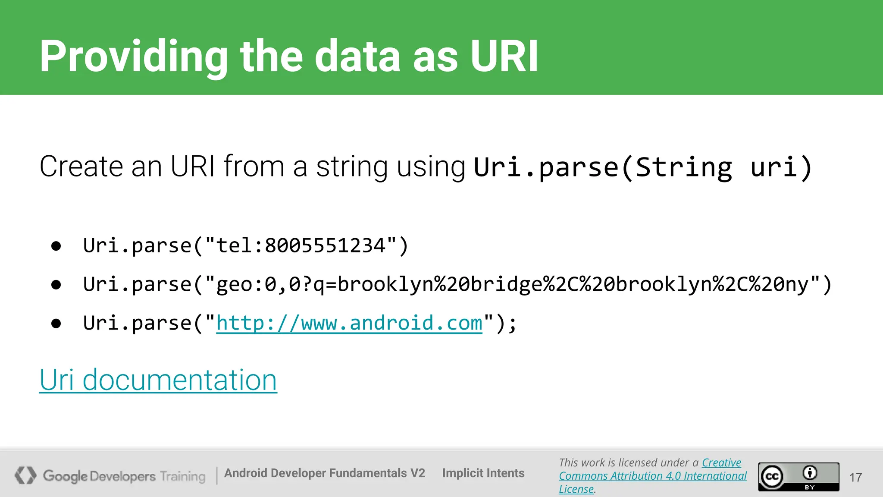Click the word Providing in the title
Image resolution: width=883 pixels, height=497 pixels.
tap(134, 57)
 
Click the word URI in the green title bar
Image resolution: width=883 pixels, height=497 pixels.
tap(504, 56)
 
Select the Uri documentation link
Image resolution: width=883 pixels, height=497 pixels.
tap(158, 380)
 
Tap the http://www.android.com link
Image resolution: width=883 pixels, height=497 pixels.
tap(349, 323)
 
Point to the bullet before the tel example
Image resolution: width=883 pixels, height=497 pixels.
tap(56, 246)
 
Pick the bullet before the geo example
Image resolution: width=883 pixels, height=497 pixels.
tap(56, 285)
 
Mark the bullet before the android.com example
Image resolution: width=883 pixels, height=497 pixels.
tap(56, 324)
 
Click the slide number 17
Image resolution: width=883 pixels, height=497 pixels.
tap(855, 477)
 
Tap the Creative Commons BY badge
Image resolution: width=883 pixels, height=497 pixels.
tap(798, 477)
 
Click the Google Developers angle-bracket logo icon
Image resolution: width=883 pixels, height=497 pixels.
tap(25, 475)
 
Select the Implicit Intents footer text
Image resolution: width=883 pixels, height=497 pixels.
tap(483, 473)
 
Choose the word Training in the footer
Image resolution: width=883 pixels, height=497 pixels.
tap(183, 476)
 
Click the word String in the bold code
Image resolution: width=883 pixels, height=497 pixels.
tap(684, 167)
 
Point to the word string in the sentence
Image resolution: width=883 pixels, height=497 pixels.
tap(352, 167)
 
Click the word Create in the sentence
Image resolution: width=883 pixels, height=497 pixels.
tap(81, 167)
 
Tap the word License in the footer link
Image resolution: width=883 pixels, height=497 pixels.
tap(576, 489)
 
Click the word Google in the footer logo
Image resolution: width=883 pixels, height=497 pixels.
tap(65, 476)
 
